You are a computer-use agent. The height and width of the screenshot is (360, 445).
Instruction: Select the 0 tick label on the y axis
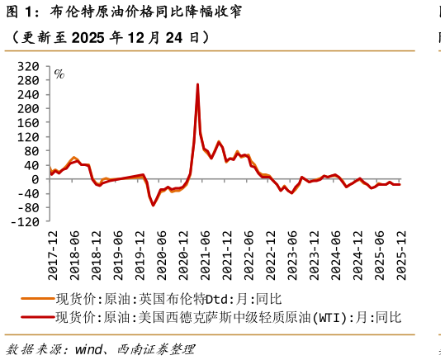pos(35,179)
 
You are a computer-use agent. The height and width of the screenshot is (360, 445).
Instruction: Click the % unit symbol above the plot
pos(59,73)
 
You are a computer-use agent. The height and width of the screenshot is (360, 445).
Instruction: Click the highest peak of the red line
pos(197,84)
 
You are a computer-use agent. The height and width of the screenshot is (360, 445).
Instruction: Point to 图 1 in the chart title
pos(18,12)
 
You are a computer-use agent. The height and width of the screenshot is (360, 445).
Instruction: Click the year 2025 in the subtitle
pos(90,38)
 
